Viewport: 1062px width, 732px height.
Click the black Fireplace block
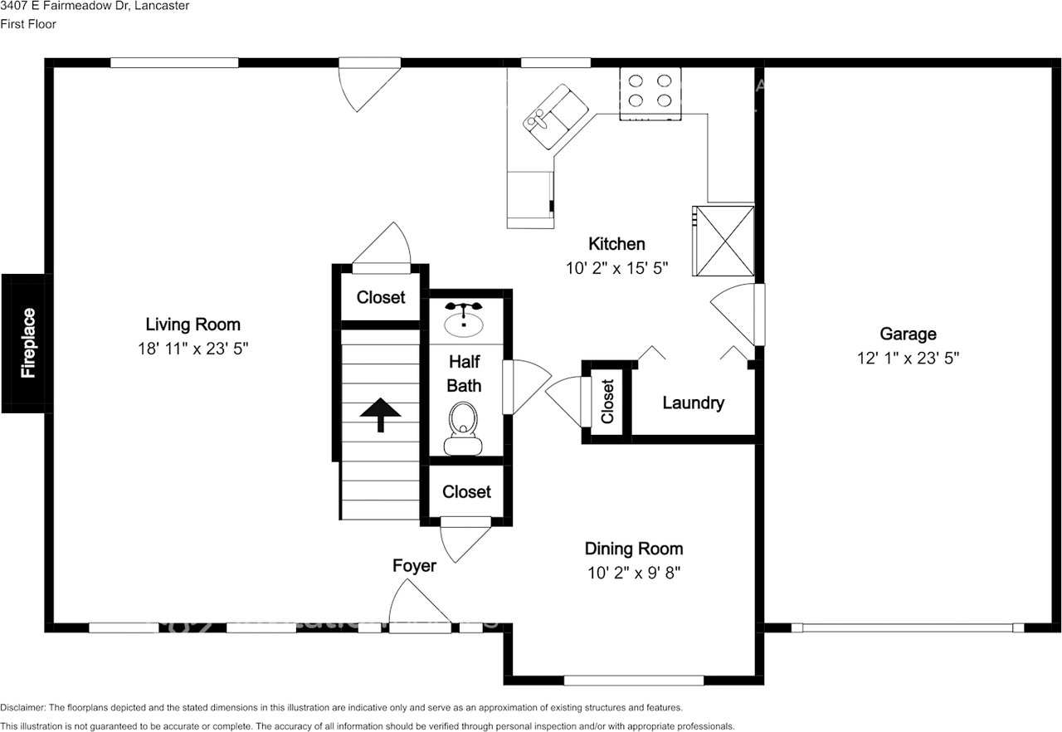point(27,344)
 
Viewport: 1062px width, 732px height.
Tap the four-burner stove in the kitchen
point(650,94)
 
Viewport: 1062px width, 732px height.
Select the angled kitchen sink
point(556,117)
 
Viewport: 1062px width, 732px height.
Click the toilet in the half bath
point(463,427)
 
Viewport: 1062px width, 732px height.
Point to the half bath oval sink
point(464,320)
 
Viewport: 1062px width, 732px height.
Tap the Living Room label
point(193,325)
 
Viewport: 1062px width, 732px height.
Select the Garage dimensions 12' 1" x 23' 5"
point(908,358)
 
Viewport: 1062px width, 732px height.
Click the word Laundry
point(693,403)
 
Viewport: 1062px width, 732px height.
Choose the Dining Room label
point(634,549)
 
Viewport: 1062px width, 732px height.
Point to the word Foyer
point(414,565)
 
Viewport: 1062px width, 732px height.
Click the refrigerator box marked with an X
point(723,241)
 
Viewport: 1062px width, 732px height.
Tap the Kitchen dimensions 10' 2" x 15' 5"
point(616,268)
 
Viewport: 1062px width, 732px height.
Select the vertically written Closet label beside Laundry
point(607,401)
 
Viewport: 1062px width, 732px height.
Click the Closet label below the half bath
point(466,491)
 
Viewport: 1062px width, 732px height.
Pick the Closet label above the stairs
point(381,297)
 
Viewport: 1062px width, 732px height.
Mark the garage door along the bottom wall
point(908,627)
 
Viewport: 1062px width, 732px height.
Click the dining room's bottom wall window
point(633,681)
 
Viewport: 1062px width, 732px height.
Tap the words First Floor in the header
point(28,24)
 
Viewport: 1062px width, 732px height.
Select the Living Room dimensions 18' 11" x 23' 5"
point(193,349)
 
